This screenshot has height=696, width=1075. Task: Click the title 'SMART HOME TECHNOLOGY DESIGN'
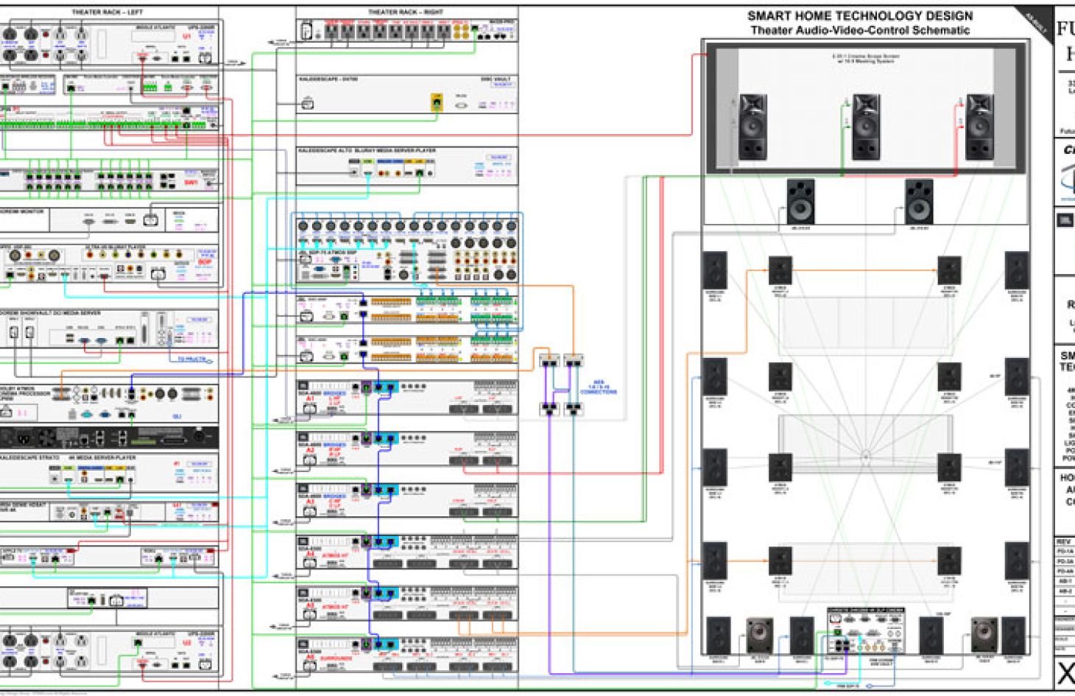[859, 15]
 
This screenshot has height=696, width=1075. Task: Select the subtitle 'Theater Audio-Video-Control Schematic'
[859, 30]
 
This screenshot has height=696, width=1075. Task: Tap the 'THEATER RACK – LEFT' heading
[107, 13]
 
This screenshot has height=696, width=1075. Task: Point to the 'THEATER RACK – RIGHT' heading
[406, 13]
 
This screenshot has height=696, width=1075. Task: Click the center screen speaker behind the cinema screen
[865, 127]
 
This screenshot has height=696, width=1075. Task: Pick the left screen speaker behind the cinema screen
[752, 127]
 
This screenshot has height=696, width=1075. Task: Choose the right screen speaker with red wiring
[979, 127]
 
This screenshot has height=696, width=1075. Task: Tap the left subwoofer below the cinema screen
[800, 201]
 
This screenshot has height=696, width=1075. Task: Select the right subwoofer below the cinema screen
[918, 201]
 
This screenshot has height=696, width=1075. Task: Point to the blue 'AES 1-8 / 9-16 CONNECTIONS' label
[598, 387]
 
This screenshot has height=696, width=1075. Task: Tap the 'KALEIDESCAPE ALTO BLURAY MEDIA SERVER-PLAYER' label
[367, 150]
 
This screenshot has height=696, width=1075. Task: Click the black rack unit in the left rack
[109, 437]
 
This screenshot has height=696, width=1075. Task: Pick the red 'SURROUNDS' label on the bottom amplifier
[336, 658]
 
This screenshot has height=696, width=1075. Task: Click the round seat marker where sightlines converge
[866, 456]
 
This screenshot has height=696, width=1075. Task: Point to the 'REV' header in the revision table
[1064, 541]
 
